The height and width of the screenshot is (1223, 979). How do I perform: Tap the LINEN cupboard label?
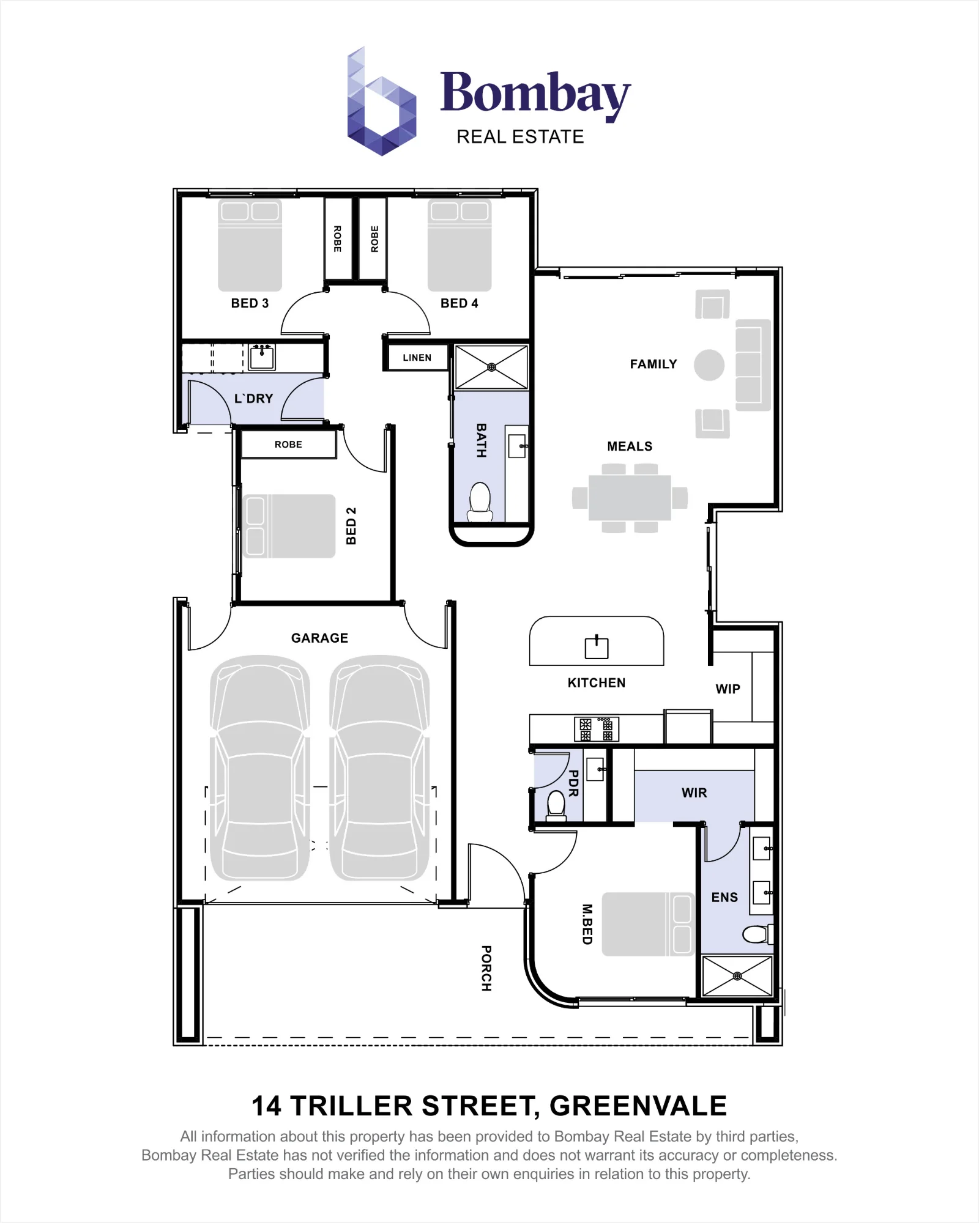click(x=417, y=358)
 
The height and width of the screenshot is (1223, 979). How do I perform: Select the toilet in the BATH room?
click(x=480, y=502)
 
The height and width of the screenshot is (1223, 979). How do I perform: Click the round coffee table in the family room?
click(x=709, y=365)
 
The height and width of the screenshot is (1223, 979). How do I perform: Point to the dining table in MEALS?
click(x=630, y=498)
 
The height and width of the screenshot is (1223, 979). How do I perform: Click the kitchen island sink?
click(x=597, y=647)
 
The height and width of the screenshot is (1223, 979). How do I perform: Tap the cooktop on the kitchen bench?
click(x=597, y=728)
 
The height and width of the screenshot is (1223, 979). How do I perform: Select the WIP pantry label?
click(x=728, y=689)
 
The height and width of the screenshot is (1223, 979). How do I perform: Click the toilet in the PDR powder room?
click(x=556, y=805)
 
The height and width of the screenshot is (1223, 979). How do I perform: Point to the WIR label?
click(x=694, y=793)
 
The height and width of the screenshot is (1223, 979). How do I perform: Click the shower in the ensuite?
click(x=737, y=976)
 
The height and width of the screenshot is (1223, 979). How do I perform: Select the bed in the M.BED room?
click(x=647, y=924)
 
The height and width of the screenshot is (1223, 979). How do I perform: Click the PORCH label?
click(x=486, y=969)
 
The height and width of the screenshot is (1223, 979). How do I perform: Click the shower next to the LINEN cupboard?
click(x=491, y=368)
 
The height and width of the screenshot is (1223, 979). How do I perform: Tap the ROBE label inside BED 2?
click(x=288, y=445)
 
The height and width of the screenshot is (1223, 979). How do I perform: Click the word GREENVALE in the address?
click(x=638, y=1106)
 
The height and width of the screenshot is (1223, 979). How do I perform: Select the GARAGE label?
click(x=319, y=638)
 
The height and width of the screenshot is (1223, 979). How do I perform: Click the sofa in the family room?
click(x=753, y=365)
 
